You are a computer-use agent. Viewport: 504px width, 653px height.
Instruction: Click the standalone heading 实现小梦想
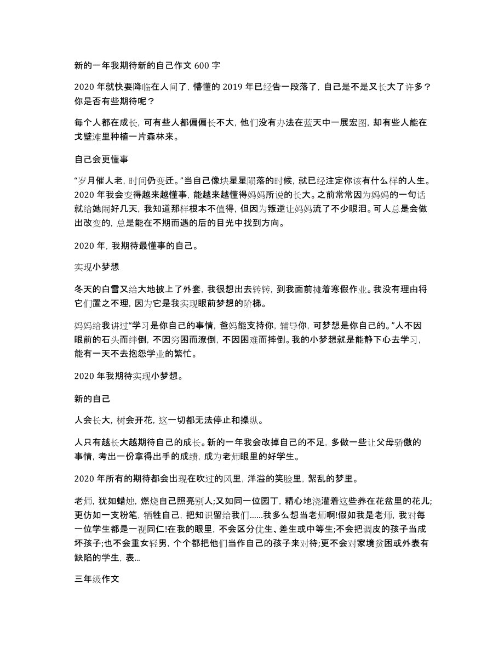[97, 267]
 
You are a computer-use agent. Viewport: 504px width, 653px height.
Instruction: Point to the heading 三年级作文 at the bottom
[97, 564]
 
